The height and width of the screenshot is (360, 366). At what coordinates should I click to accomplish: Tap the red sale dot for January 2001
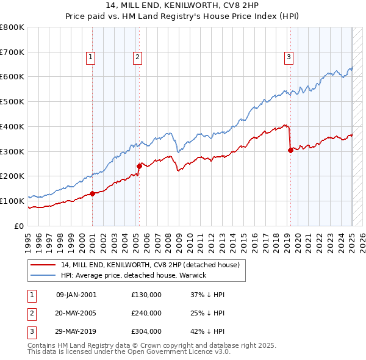92,193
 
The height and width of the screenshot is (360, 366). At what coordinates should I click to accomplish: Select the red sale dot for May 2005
139,166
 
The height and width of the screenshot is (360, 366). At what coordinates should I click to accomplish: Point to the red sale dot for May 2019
290,150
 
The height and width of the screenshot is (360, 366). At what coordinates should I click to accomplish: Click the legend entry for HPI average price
133,275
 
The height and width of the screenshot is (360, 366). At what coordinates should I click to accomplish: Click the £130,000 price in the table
146,295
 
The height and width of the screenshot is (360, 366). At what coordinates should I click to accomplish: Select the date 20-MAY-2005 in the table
76,313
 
